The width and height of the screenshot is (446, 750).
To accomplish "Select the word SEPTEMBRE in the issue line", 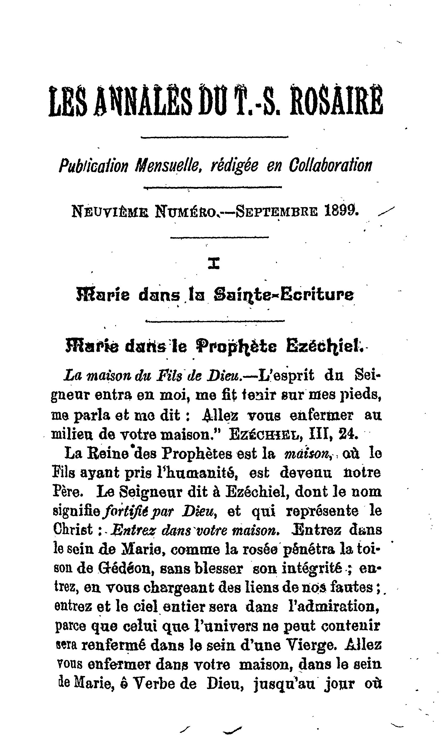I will [x=277, y=211].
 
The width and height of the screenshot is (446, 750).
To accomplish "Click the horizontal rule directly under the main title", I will [x=215, y=137].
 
